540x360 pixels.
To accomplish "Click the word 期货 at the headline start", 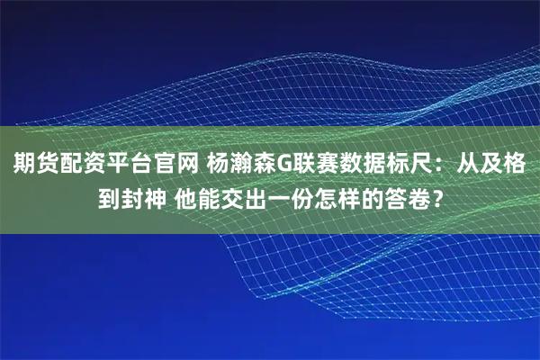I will pyautogui.click(x=31, y=165).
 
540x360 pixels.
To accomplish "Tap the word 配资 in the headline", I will pyautogui.click(x=74, y=165).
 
